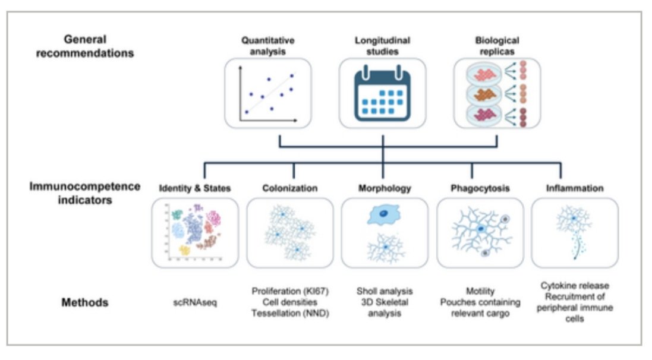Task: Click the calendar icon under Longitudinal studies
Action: tap(382, 93)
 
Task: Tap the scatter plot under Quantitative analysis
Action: tap(268, 93)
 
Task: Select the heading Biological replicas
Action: tap(497, 46)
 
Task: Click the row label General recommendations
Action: tap(85, 46)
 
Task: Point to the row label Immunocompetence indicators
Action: tap(85, 193)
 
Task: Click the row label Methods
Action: tap(85, 302)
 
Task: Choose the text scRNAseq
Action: tap(195, 302)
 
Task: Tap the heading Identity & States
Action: tap(194, 188)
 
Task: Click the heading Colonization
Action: tap(290, 188)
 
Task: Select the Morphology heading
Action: tap(385, 188)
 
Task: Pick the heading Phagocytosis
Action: tap(480, 188)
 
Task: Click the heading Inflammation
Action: tap(575, 188)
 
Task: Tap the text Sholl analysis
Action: tap(385, 292)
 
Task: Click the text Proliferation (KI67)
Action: tap(290, 292)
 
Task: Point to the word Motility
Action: tap(480, 291)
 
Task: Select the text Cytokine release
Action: tap(575, 286)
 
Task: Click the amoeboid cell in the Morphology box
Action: tap(383, 214)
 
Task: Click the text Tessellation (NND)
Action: tap(290, 313)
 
